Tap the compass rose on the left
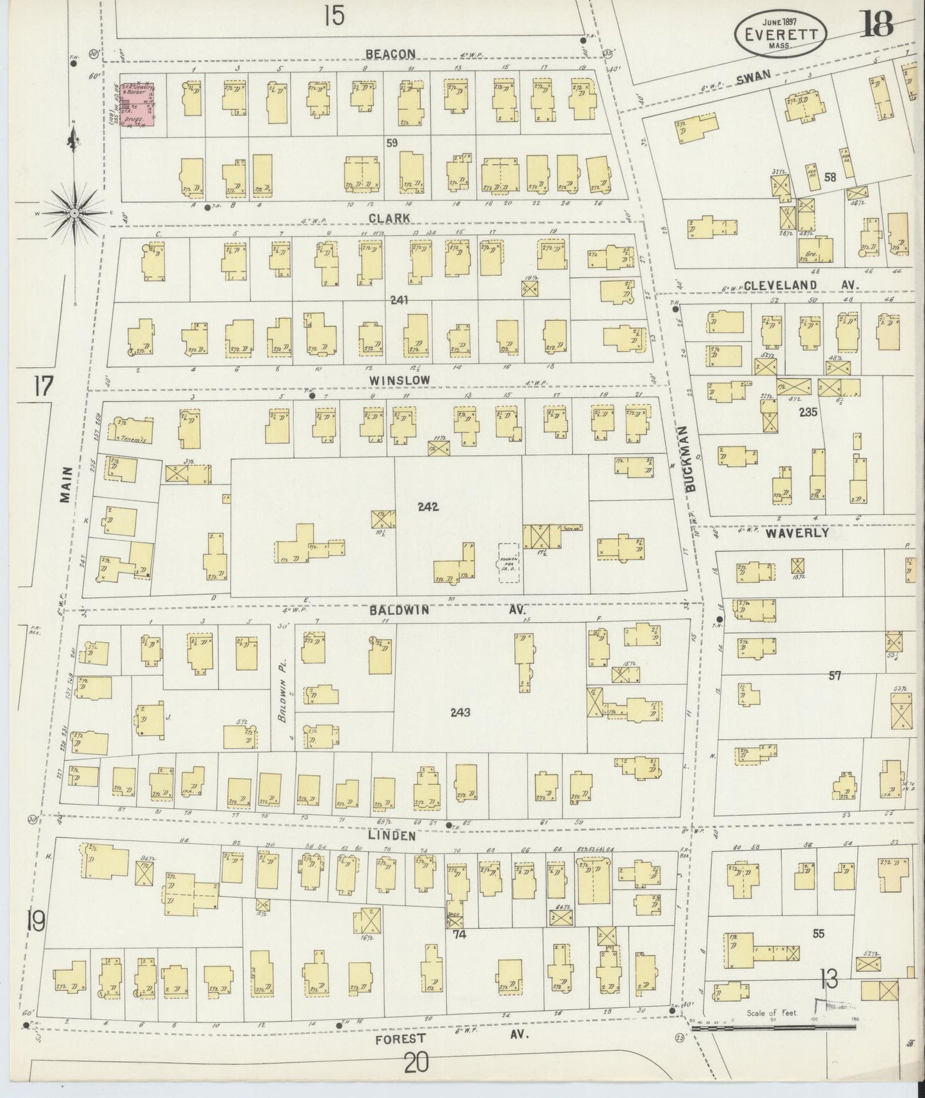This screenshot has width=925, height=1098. click(x=74, y=212)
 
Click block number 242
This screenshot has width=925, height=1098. click(x=428, y=507)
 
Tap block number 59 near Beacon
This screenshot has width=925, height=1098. click(x=392, y=143)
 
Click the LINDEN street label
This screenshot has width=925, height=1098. click(x=401, y=836)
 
